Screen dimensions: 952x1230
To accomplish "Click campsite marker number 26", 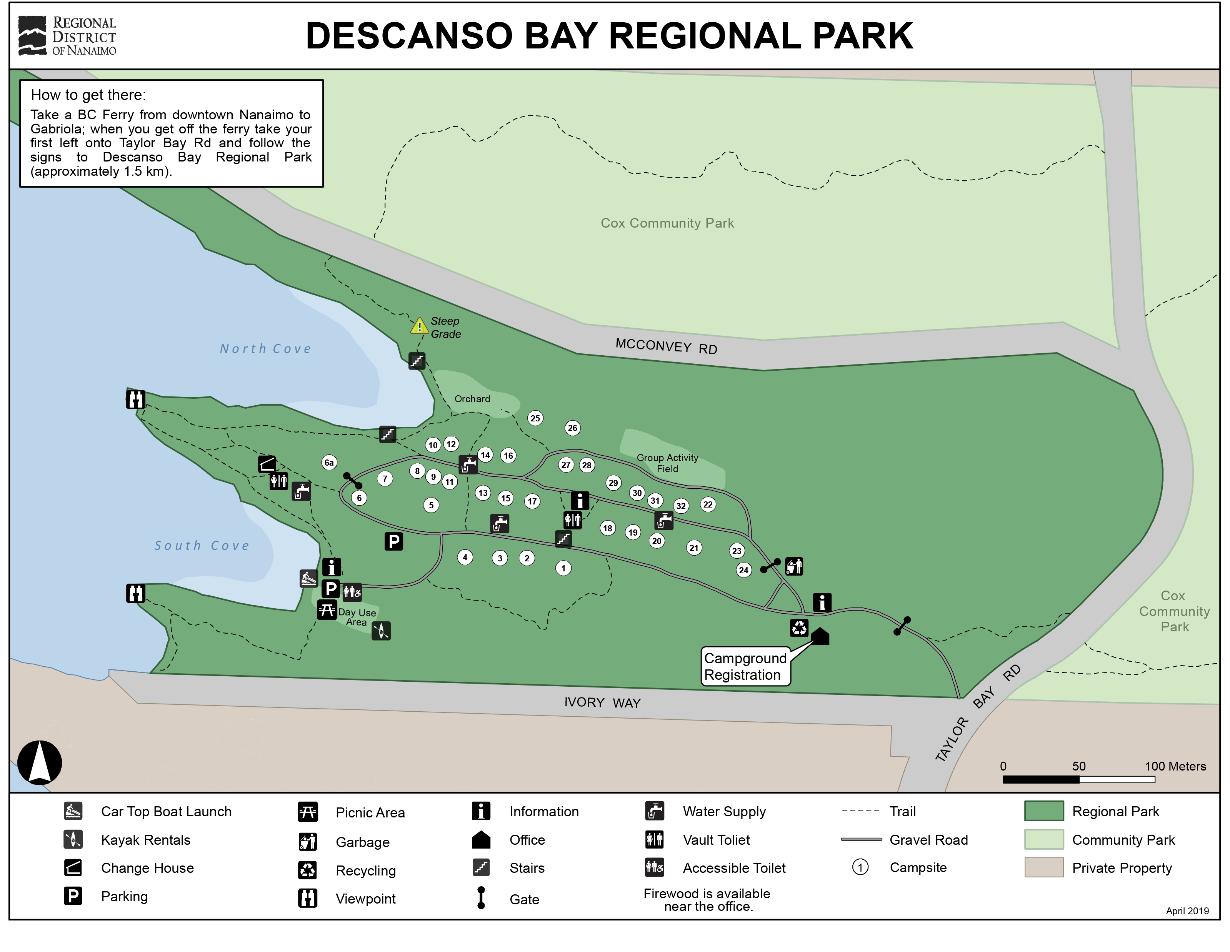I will (x=572, y=428).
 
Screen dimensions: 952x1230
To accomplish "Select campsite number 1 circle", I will (x=563, y=568).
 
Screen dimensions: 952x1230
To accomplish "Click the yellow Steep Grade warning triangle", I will (x=419, y=326).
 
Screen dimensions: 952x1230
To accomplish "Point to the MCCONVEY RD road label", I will (x=666, y=346).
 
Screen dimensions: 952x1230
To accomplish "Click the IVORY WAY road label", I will (x=602, y=702).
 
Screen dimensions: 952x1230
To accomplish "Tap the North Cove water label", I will (x=265, y=349).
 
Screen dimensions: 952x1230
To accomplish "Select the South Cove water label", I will (x=202, y=546).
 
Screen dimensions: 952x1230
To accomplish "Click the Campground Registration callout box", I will (x=745, y=667).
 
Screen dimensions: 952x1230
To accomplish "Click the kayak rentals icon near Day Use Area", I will (x=381, y=631).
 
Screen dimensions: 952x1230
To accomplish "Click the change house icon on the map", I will (x=267, y=464).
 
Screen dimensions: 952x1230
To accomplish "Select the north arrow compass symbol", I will (x=39, y=762).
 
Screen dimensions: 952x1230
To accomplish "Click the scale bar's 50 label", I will (x=1078, y=766).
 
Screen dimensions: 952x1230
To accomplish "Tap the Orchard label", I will (x=472, y=399).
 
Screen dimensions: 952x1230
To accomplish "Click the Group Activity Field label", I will (x=667, y=463).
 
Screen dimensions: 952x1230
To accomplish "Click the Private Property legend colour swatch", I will (x=1043, y=867).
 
